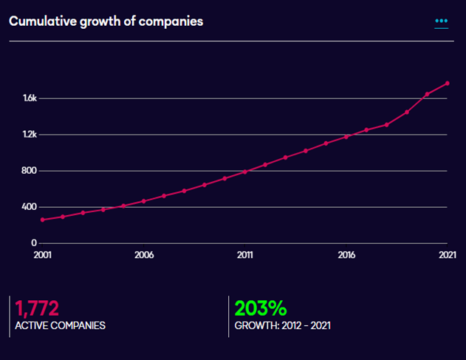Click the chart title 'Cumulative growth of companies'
click(x=106, y=21)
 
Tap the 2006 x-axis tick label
click(x=144, y=255)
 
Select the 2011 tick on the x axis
click(x=245, y=255)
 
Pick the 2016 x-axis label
click(x=346, y=255)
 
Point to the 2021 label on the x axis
click(x=447, y=255)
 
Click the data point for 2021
click(x=447, y=83)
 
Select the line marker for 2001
click(x=42, y=220)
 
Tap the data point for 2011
click(x=245, y=171)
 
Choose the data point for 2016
click(x=346, y=137)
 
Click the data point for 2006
click(x=144, y=201)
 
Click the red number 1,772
click(x=36, y=308)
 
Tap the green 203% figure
click(x=260, y=308)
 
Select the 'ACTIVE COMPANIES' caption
click(x=60, y=326)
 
